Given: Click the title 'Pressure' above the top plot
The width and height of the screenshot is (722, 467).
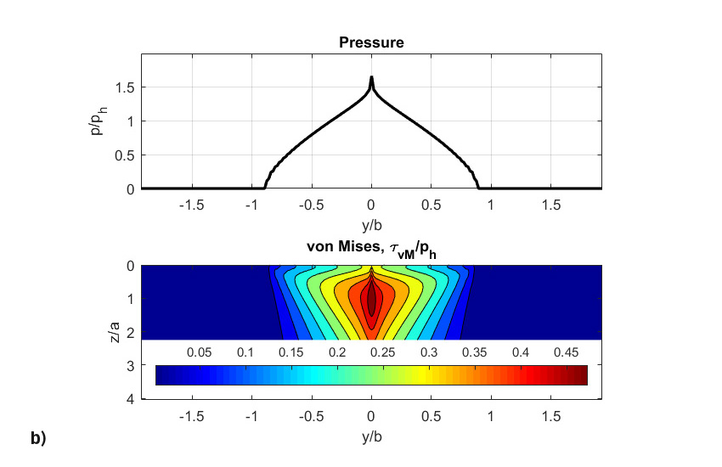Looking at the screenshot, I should pos(371,42).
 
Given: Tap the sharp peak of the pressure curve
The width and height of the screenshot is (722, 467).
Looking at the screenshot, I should pos(371,78).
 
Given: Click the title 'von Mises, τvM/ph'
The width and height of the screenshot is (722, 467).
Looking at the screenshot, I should pos(371,247).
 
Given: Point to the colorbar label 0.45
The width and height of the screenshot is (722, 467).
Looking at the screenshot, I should pos(566,352).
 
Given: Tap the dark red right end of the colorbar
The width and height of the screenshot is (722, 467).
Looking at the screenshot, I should pos(582,374).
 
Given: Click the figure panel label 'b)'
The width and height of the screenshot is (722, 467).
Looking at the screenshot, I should pos(38,438).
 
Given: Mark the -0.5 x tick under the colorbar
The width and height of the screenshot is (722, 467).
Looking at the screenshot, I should pos(311,417).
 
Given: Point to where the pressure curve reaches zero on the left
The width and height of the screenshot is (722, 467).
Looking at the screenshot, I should pos(265,187).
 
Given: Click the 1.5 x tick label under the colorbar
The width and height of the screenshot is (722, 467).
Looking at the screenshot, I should pos(550,417).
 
